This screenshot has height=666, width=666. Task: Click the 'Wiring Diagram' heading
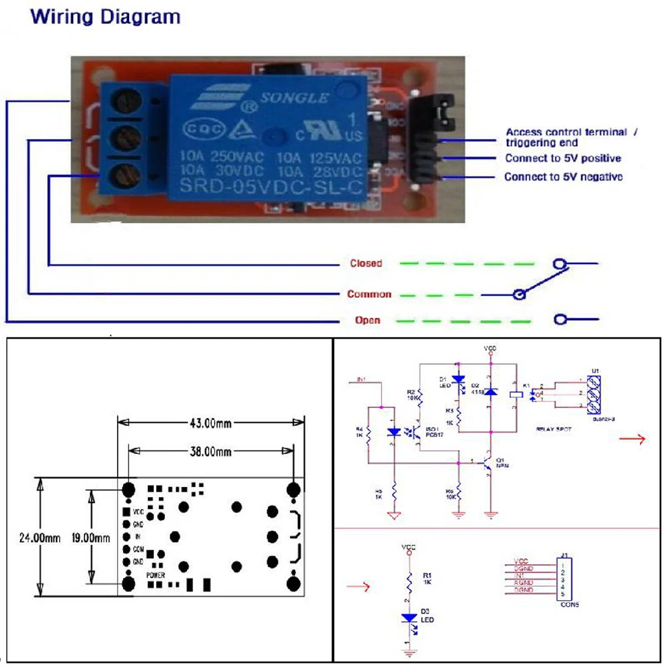click(x=106, y=17)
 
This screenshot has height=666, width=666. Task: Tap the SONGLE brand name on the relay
click(x=294, y=98)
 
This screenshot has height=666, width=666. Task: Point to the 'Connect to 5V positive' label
click(x=563, y=158)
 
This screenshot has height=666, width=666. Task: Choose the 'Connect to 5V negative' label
click(x=564, y=177)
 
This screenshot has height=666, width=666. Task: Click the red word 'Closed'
click(x=366, y=263)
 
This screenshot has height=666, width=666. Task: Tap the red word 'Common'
click(x=369, y=294)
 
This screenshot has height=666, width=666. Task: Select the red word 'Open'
click(x=367, y=321)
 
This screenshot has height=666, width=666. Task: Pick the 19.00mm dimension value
click(x=90, y=538)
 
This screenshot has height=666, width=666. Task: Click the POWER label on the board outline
click(x=156, y=574)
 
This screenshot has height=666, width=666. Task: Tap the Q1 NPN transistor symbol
click(x=488, y=463)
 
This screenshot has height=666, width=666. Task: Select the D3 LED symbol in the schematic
click(x=409, y=617)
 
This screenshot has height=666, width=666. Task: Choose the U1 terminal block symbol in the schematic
click(x=595, y=393)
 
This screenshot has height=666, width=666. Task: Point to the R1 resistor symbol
click(x=409, y=579)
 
